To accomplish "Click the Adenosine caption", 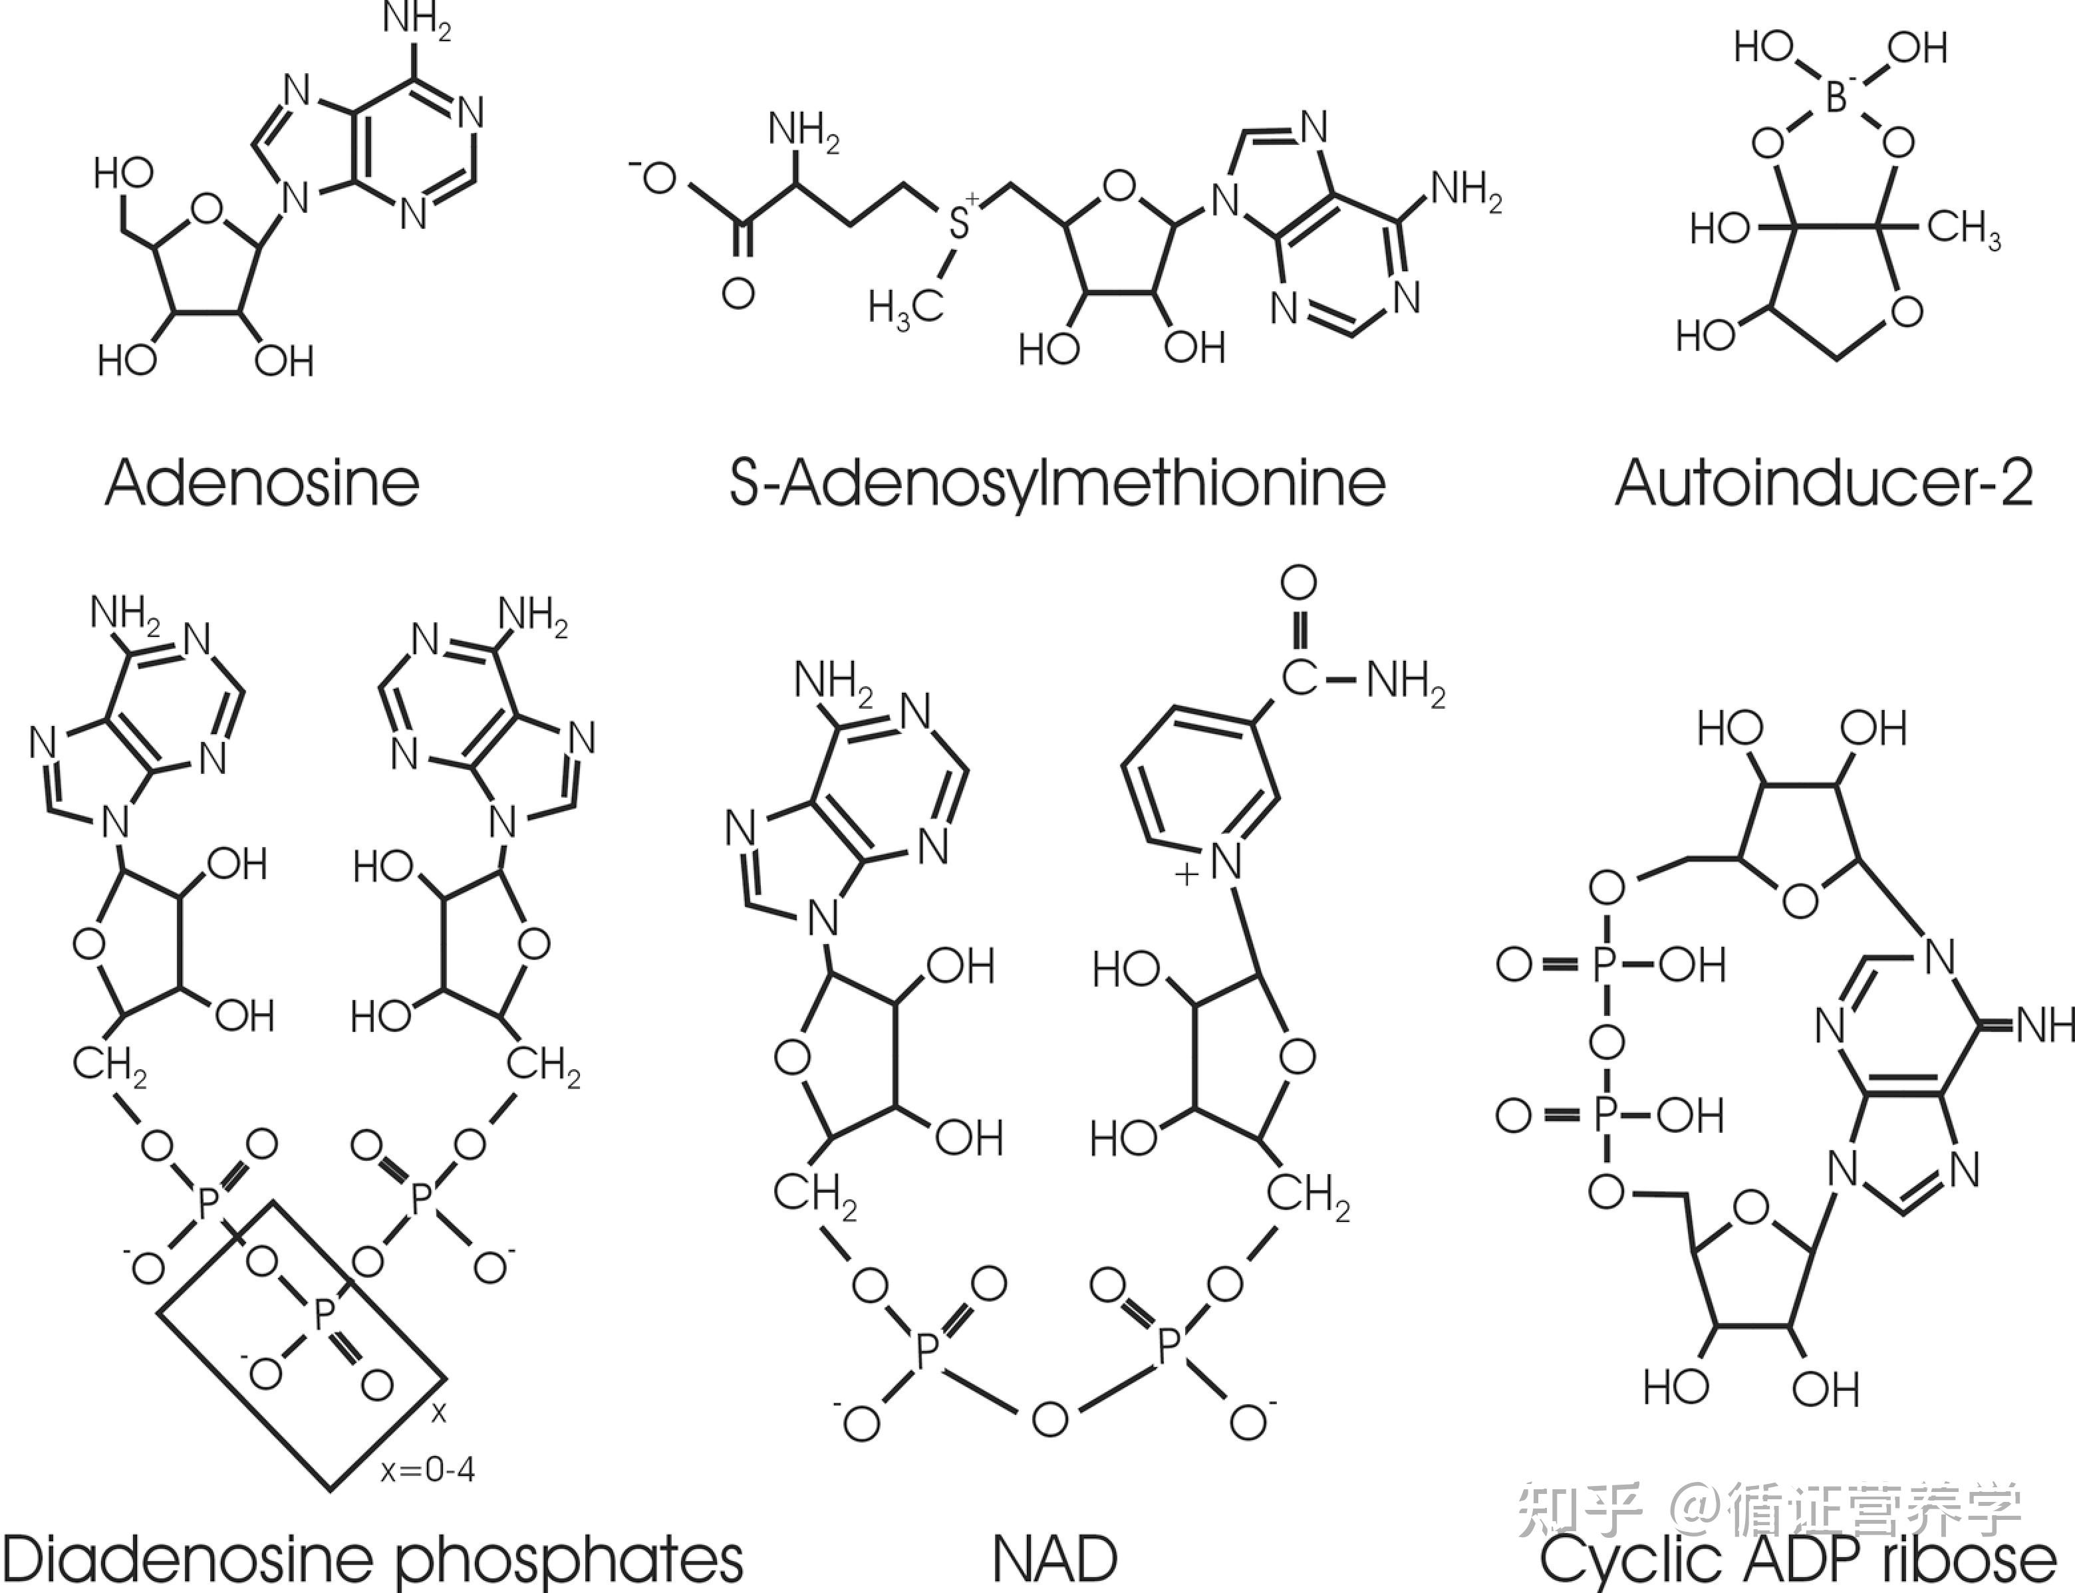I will coord(262,483).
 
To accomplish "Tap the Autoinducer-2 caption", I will coord(1823,483).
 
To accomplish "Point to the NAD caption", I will coord(1055,1557).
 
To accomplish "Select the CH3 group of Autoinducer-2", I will coord(1964,229).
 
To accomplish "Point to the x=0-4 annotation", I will coord(428,1470).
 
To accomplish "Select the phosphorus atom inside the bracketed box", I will coord(323,1314).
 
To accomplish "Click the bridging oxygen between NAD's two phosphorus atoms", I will coord(1049,1419).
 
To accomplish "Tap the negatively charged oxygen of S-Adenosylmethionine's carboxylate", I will coord(658,178).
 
